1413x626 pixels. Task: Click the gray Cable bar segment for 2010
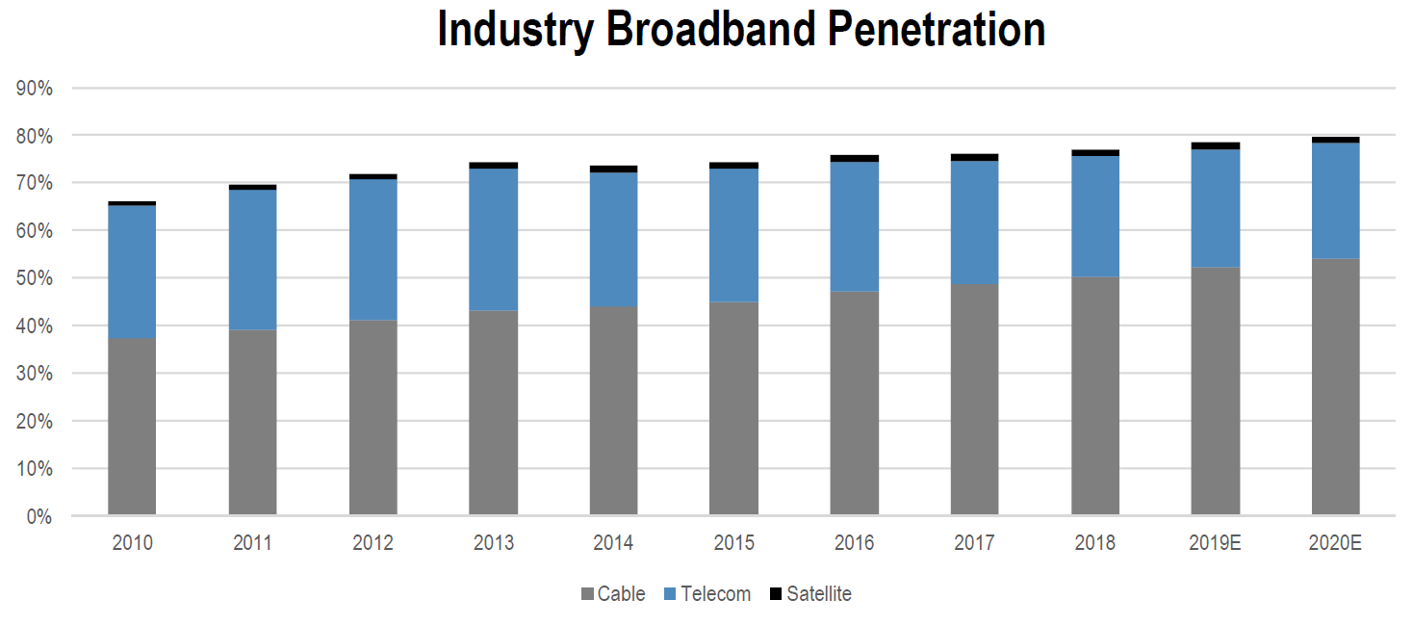132,427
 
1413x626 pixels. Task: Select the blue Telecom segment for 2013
493,239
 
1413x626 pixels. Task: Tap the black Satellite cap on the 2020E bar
1335,140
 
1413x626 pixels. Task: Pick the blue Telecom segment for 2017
974,222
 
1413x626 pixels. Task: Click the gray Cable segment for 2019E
1215,390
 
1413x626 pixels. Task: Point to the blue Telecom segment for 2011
252,259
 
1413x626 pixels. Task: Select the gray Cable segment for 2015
733,408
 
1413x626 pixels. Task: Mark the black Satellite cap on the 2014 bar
613,169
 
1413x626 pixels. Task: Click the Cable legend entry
613,594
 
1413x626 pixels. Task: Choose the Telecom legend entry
707,594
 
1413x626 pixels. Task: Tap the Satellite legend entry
810,594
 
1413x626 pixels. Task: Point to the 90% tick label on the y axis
35,89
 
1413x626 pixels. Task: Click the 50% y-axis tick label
35,278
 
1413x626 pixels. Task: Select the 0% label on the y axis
39,517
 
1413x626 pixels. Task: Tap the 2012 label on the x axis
373,543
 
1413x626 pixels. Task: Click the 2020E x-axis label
1335,543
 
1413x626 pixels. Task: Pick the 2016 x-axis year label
854,543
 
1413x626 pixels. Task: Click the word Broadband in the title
711,30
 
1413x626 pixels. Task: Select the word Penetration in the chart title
937,30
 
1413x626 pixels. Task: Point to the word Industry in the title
515,30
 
